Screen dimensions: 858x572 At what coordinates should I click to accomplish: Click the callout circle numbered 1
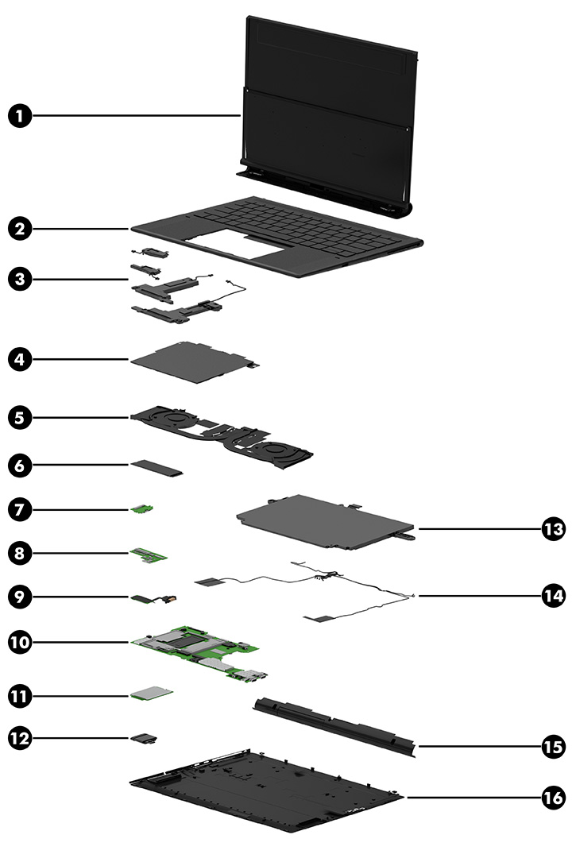click(21, 116)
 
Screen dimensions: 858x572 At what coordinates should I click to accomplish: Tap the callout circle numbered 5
click(21, 415)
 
